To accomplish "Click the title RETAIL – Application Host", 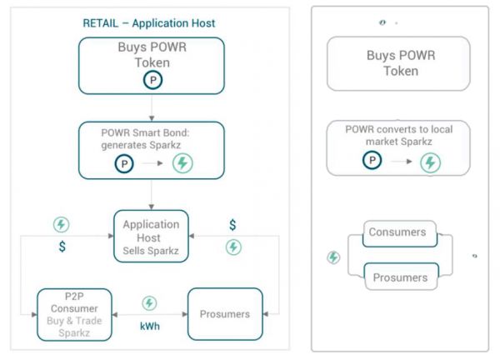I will [x=149, y=23].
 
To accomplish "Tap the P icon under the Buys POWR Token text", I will [x=152, y=80].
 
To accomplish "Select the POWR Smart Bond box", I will [x=151, y=150].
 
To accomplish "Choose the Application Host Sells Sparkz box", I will [x=151, y=236].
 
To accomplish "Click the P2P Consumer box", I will [x=75, y=313].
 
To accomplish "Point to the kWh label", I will [x=150, y=327].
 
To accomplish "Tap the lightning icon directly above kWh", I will [x=150, y=303].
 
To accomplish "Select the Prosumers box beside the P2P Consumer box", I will [x=225, y=313].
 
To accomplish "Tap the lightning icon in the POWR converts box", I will [x=430, y=162].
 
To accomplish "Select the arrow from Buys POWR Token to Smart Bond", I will [x=152, y=107].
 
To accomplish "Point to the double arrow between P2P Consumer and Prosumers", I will [x=150, y=314].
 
